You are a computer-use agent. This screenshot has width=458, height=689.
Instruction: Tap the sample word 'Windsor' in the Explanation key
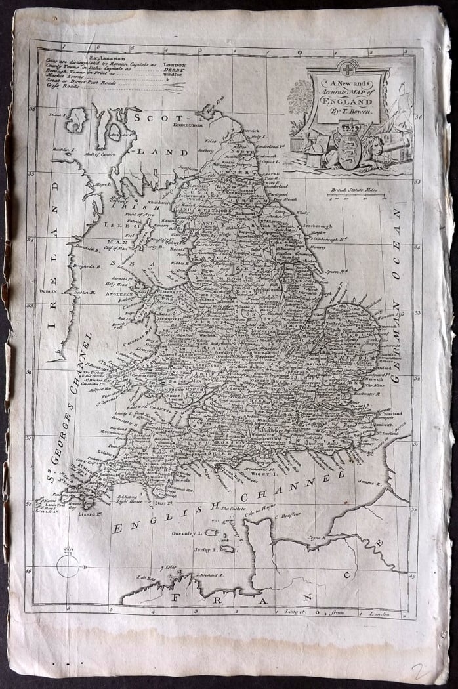pyautogui.click(x=170, y=75)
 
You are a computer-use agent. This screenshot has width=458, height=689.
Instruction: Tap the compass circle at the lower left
pyautogui.click(x=68, y=565)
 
